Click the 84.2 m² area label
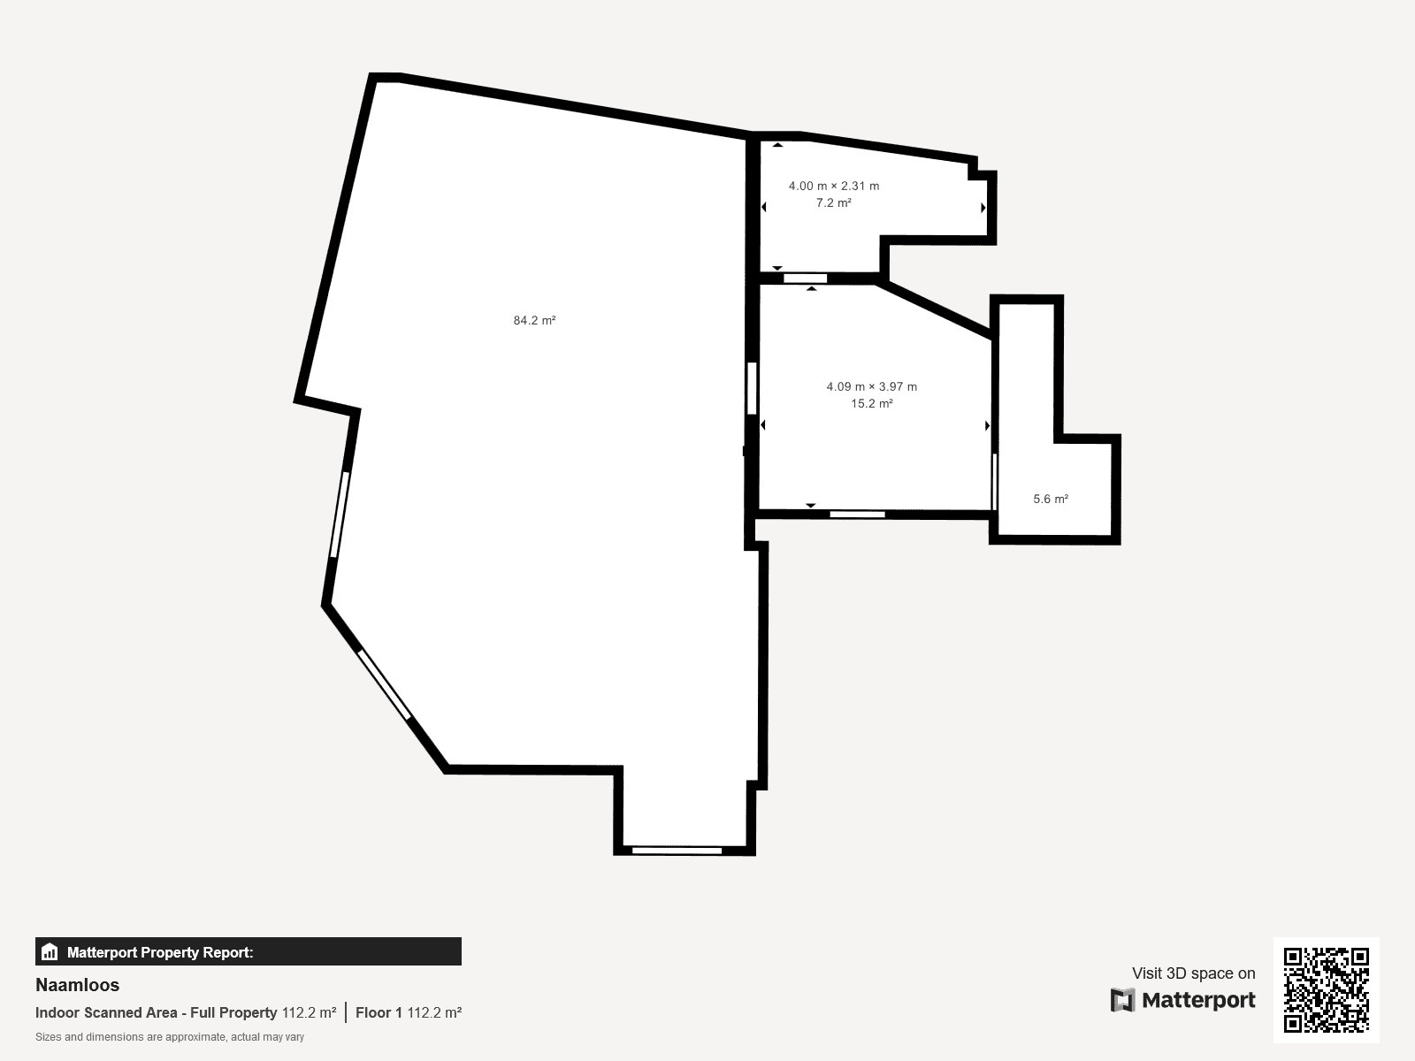pyautogui.click(x=534, y=320)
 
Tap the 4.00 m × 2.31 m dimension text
pyautogui.click(x=834, y=187)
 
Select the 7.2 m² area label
pyautogui.click(x=834, y=203)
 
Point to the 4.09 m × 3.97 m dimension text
pyautogui.click(x=872, y=386)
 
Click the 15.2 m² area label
pyautogui.click(x=872, y=404)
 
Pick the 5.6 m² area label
pyautogui.click(x=1051, y=499)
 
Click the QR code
pyautogui.click(x=1326, y=989)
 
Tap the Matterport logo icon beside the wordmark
pyautogui.click(x=1122, y=1000)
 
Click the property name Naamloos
pyautogui.click(x=77, y=985)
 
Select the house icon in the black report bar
pyautogui.click(x=50, y=951)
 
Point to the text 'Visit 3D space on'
pyautogui.click(x=1193, y=973)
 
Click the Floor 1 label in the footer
pyautogui.click(x=379, y=1012)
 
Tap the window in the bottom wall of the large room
pyautogui.click(x=677, y=851)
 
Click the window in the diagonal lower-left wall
pyautogui.click(x=384, y=684)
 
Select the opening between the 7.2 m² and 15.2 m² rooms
pyautogui.click(x=805, y=279)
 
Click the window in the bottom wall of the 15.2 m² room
pyautogui.click(x=857, y=514)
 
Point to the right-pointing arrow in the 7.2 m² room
pyautogui.click(x=983, y=208)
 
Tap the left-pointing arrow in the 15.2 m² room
pyautogui.click(x=763, y=424)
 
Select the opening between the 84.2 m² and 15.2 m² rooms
pyautogui.click(x=752, y=388)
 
